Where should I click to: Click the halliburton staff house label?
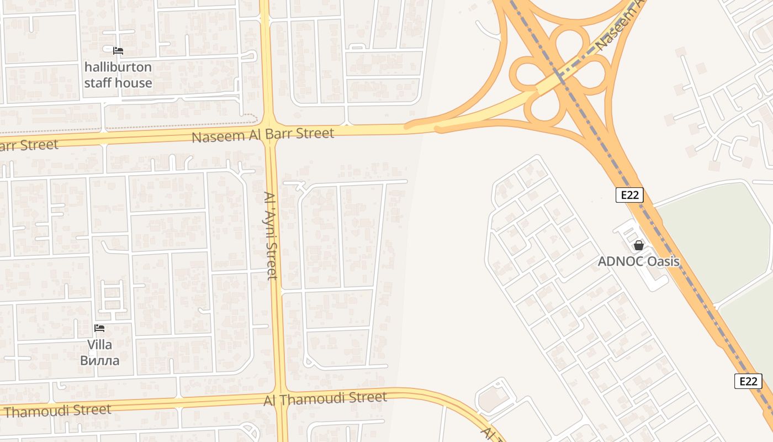pos(118,75)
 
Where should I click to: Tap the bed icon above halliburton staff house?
pos(118,51)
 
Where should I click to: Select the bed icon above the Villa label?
pos(99,328)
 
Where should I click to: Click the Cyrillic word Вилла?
pos(99,361)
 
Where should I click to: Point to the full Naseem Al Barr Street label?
pos(263,134)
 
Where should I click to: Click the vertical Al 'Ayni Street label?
pos(271,236)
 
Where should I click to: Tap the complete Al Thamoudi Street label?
pos(325,398)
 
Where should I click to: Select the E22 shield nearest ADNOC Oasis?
pos(629,195)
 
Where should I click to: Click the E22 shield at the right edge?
pos(748,381)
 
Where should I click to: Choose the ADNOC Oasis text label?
pos(638,261)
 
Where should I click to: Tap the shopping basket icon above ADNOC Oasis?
pos(639,245)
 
